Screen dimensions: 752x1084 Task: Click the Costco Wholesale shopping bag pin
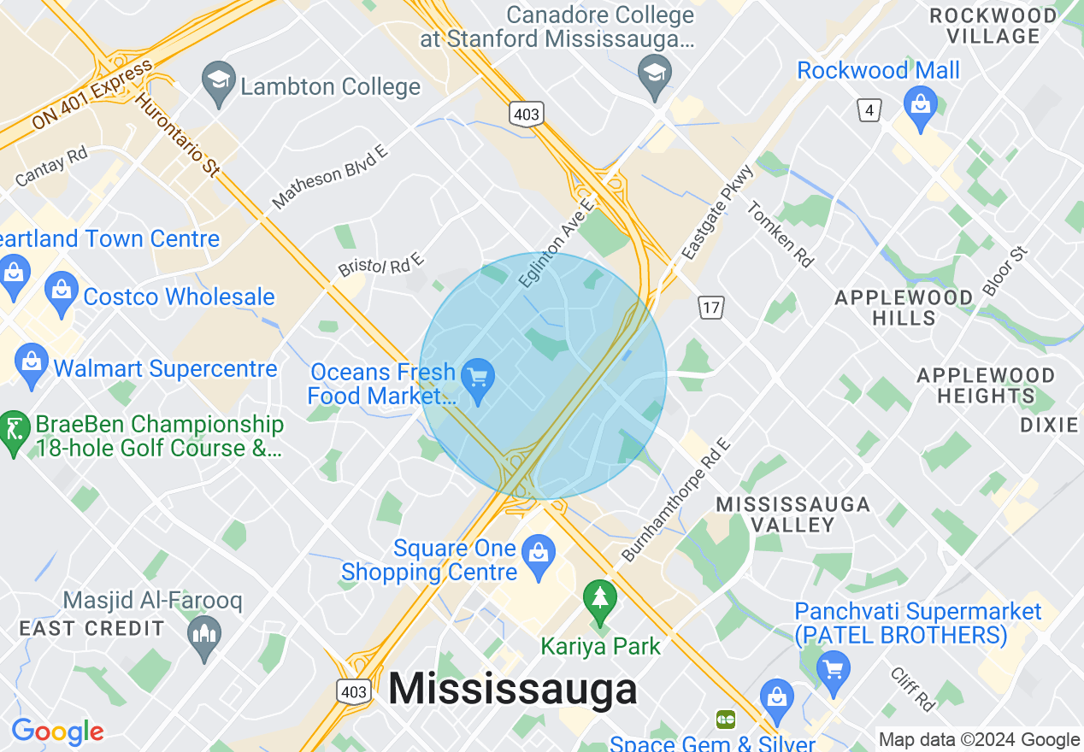pos(62,292)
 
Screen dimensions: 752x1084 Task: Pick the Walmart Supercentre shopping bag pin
pos(32,365)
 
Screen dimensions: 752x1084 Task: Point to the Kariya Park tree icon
pos(600,600)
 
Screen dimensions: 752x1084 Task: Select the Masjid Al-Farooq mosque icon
pos(204,637)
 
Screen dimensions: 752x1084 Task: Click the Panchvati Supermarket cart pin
pos(834,671)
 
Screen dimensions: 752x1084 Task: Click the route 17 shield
pos(710,307)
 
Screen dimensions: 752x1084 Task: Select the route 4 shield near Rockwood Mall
pos(869,109)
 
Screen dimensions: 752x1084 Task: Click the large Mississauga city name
pos(513,689)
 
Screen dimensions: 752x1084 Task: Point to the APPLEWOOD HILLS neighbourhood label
pos(904,308)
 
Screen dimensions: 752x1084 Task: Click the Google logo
pos(57,731)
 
